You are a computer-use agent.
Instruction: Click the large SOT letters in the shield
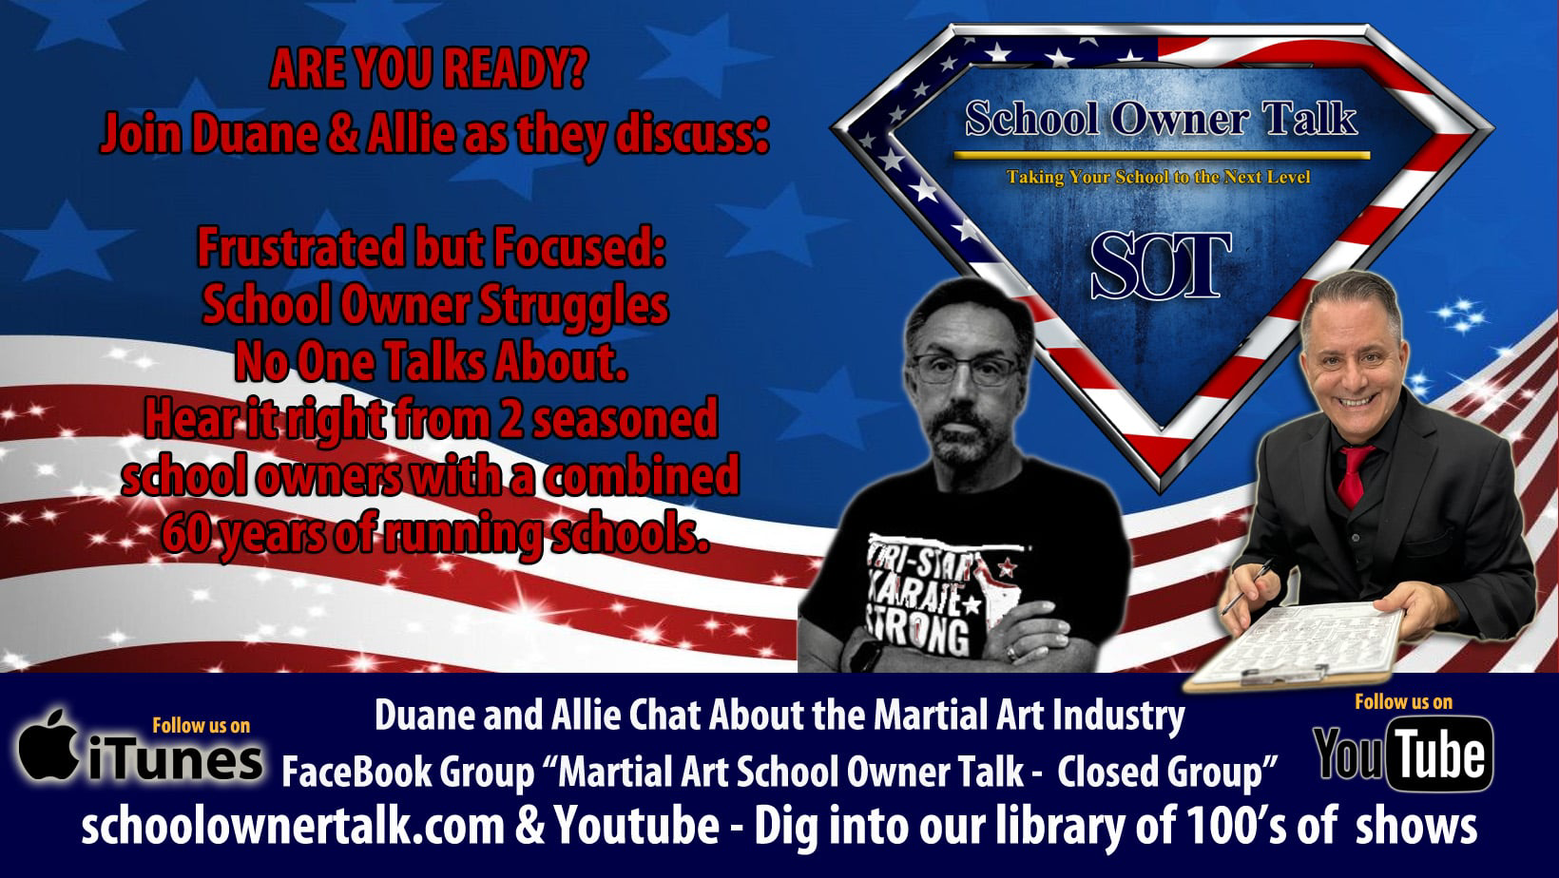pos(1160,265)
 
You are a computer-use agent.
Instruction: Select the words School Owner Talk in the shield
pos(1161,118)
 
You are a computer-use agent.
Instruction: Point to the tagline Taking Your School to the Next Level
pos(1158,178)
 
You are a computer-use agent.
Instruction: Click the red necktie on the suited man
pos(1352,476)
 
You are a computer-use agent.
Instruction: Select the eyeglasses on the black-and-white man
pos(966,369)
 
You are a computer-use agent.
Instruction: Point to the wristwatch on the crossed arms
pos(863,655)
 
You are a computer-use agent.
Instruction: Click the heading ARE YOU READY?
pos(429,68)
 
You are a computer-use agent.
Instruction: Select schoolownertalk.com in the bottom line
pos(293,826)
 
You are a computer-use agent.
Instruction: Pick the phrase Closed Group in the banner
pos(1160,772)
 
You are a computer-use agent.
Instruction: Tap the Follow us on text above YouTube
pos(1403,702)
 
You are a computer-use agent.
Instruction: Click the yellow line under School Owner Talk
pos(1161,155)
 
